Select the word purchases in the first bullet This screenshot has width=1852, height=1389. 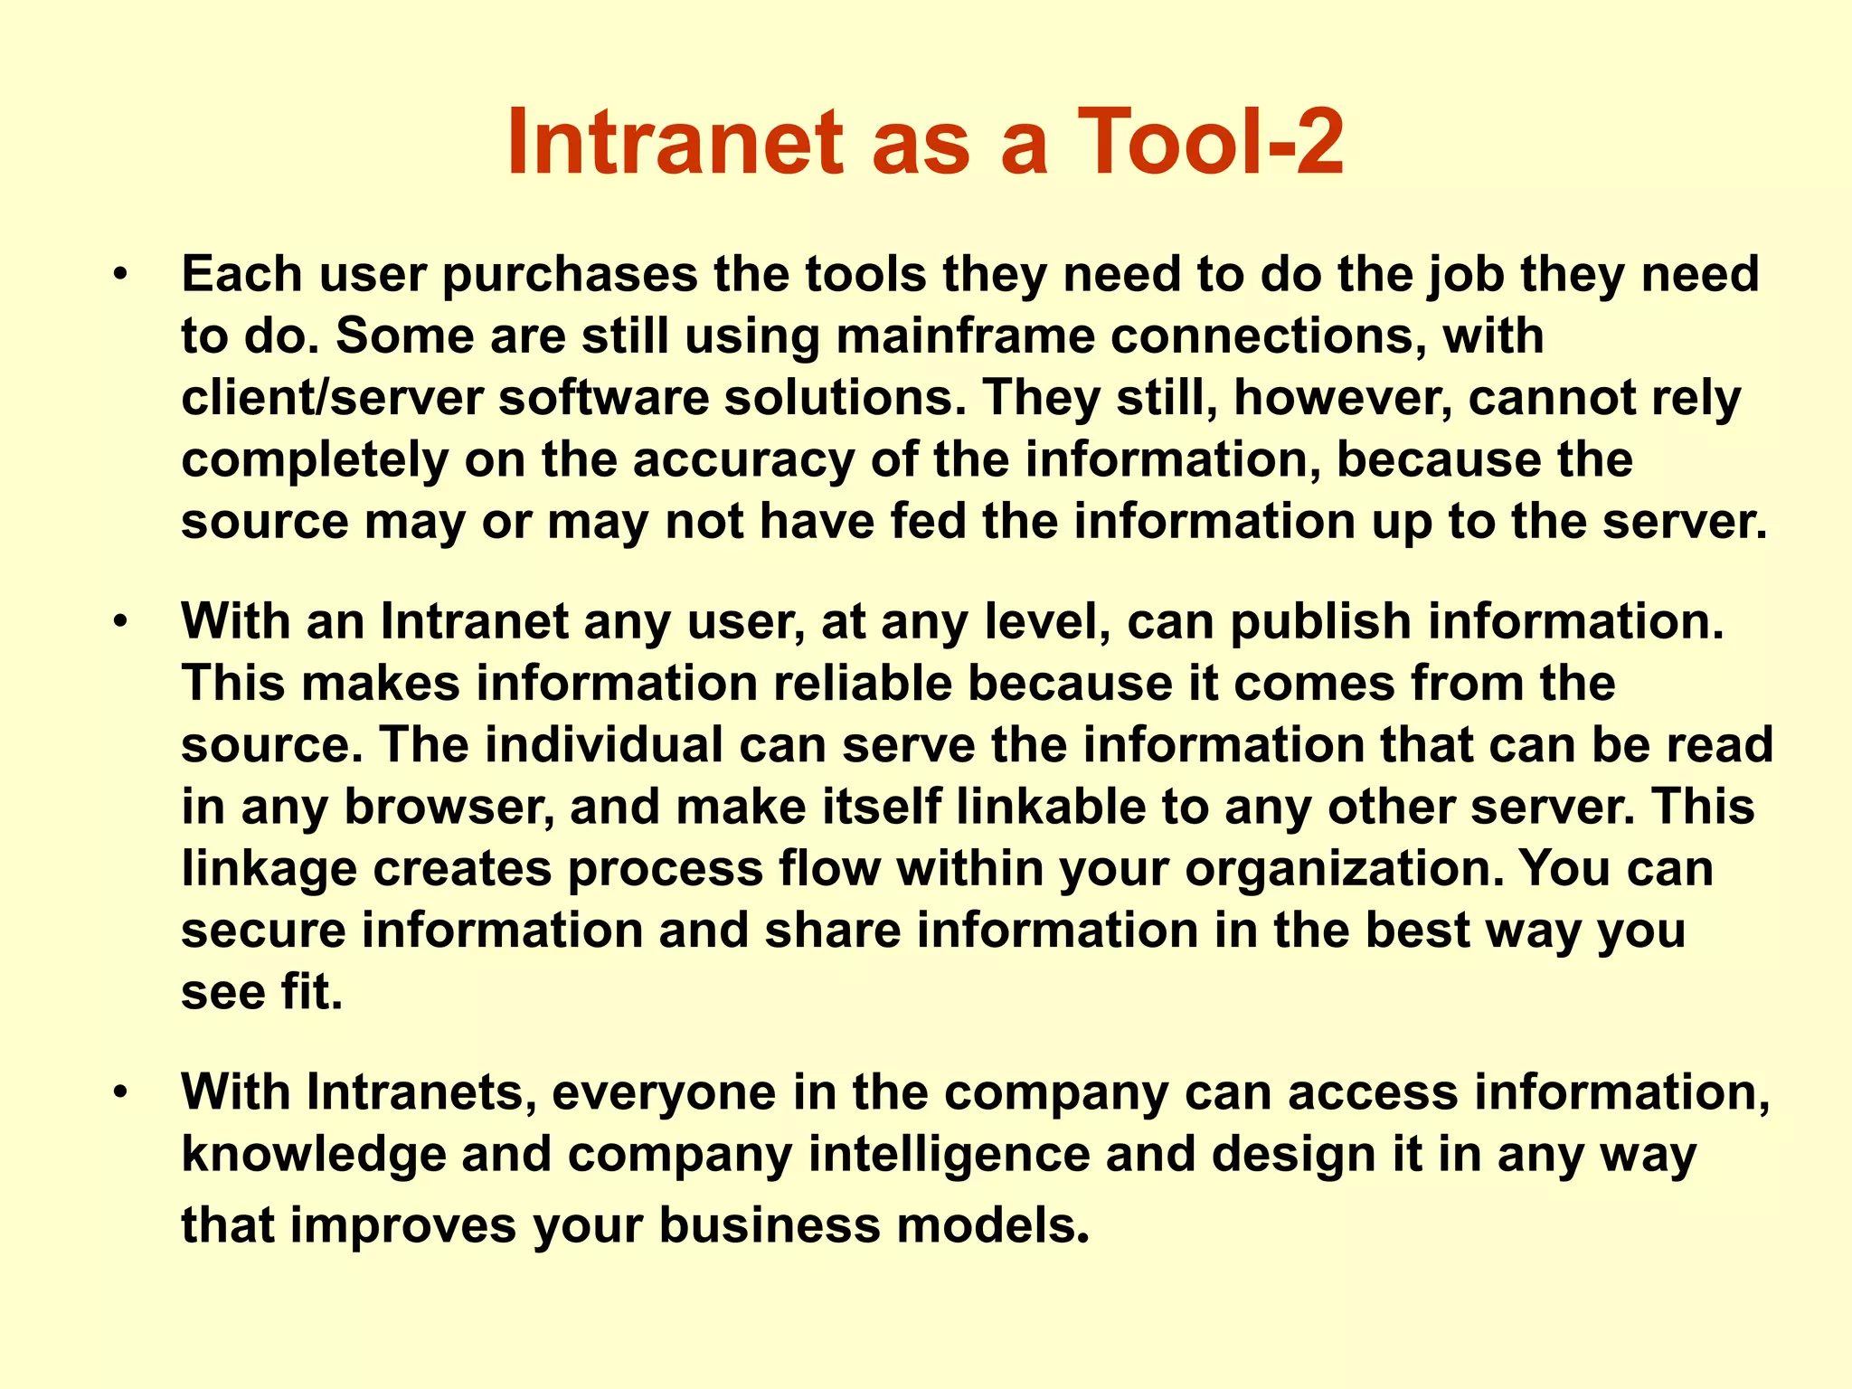570,274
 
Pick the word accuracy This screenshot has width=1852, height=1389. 742,459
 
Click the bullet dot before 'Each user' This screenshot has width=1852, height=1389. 120,274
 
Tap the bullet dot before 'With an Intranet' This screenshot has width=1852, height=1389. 120,621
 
